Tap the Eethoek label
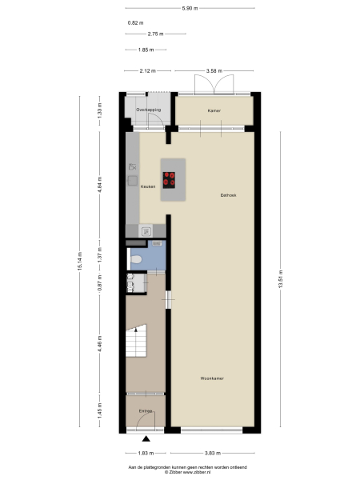click(230, 195)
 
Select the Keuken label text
click(148, 186)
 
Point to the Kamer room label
click(213, 110)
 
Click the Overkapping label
click(148, 109)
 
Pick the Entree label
click(145, 411)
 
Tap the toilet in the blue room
click(138, 259)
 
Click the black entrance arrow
click(146, 438)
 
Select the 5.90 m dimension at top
click(189, 8)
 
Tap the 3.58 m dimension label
click(214, 71)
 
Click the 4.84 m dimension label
click(100, 186)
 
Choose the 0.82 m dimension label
click(135, 22)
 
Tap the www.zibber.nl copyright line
click(188, 472)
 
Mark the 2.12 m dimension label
click(147, 71)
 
